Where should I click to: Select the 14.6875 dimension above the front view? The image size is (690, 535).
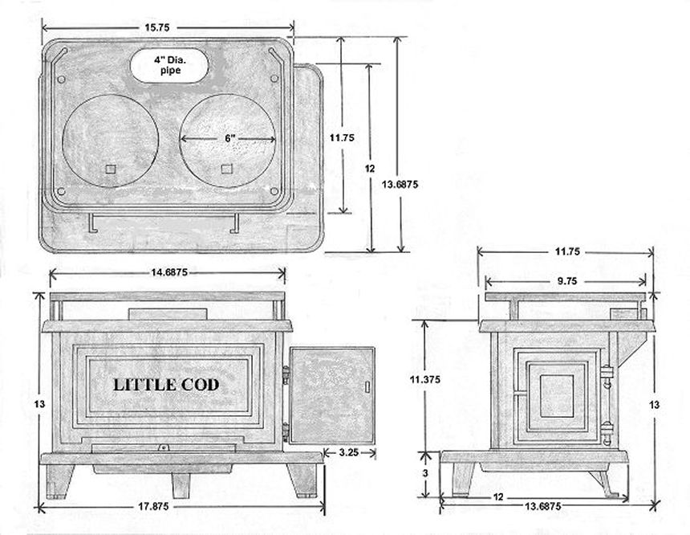pyautogui.click(x=167, y=273)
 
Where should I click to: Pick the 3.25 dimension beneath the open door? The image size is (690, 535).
pyautogui.click(x=348, y=453)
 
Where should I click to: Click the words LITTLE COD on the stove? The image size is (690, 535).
pyautogui.click(x=165, y=385)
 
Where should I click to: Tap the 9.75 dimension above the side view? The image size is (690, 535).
pyautogui.click(x=566, y=281)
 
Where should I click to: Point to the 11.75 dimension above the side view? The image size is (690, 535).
pyautogui.click(x=566, y=251)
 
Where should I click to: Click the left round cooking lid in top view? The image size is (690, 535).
pyautogui.click(x=110, y=140)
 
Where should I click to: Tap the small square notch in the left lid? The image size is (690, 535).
pyautogui.click(x=110, y=168)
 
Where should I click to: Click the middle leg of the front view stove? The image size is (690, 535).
pyautogui.click(x=181, y=482)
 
